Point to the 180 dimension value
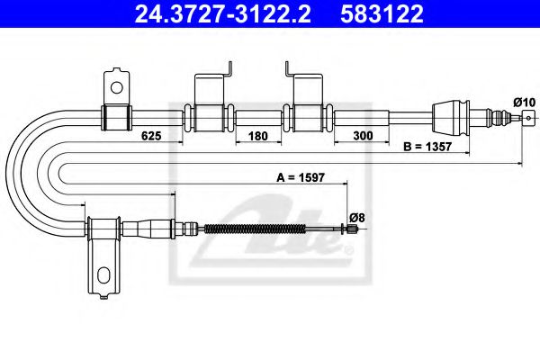(257, 136)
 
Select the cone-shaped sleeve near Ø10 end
(448, 114)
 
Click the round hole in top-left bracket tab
(115, 87)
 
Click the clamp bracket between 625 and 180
(210, 115)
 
